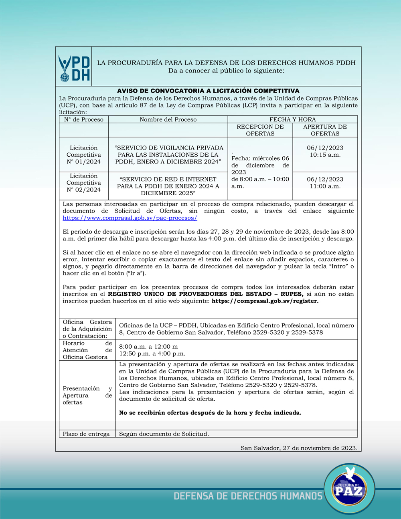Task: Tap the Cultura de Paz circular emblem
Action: coord(349,489)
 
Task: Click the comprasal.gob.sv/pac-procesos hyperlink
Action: coord(130,218)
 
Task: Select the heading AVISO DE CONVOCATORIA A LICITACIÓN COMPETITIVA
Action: coord(208,91)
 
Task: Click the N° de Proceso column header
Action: coord(84,119)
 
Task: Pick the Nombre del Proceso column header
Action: coord(168,119)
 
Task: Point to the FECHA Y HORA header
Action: coord(292,119)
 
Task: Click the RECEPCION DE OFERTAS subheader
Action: coord(260,130)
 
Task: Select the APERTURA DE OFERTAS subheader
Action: coord(325,130)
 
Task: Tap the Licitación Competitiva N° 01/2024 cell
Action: coord(84,155)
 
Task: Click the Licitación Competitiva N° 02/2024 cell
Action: coord(84,183)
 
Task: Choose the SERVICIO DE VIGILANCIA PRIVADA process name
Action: coord(168,155)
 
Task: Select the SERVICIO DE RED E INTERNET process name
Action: coord(168,186)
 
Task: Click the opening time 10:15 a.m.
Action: coord(325,155)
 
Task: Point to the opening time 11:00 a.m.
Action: coord(325,186)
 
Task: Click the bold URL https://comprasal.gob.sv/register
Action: coord(265,301)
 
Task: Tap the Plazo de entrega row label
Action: coord(86,434)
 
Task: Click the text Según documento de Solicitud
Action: coord(164,434)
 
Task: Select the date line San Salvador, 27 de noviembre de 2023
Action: coord(299,448)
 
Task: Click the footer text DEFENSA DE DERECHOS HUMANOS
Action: coord(248,496)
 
